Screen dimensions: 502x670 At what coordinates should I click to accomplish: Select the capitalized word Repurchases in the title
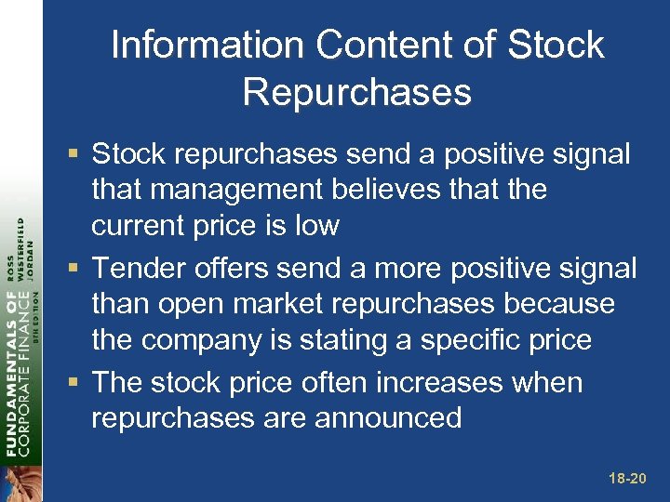click(356, 91)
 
